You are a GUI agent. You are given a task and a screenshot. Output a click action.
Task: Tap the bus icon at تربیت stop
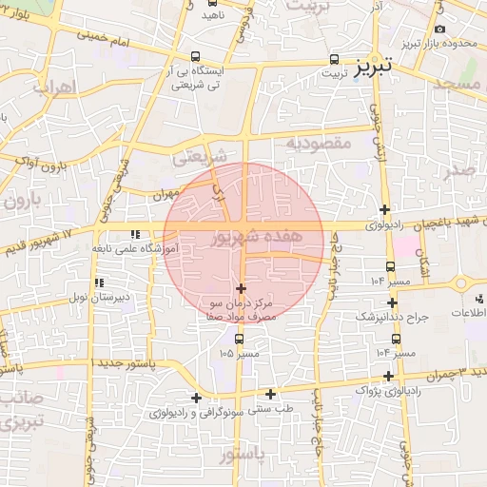pos(333,57)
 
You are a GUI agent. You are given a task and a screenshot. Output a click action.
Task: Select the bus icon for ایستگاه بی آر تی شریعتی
pos(196,57)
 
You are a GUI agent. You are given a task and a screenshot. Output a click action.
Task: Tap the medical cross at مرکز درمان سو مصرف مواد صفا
pos(240,288)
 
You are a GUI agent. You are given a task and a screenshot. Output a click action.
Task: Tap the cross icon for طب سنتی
pos(270,394)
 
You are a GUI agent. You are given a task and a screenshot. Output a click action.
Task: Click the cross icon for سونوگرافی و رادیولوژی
pos(196,398)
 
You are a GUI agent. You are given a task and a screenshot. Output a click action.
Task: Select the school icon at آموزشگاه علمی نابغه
pos(135,233)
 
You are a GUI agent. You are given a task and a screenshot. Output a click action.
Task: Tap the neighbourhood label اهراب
pos(52,88)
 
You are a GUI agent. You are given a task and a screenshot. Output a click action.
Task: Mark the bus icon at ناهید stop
pos(210,2)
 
